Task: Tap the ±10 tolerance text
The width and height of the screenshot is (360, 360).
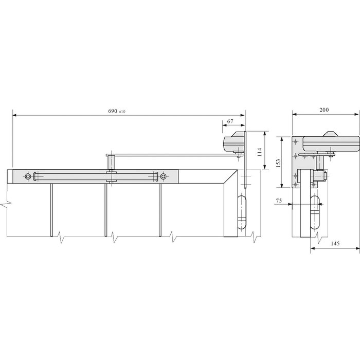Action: pos(122,112)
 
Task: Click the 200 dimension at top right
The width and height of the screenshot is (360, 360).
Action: pos(323,110)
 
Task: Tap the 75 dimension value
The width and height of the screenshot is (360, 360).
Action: pos(278,201)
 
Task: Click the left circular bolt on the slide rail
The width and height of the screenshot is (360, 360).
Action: pos(27,177)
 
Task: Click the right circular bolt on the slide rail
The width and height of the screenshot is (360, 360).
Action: pos(163,177)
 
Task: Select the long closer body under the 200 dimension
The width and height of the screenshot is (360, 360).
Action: pos(329,143)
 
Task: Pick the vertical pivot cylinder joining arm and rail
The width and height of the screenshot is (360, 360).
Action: pos(110,163)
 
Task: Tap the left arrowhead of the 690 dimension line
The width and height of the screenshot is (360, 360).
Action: pos(14,116)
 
